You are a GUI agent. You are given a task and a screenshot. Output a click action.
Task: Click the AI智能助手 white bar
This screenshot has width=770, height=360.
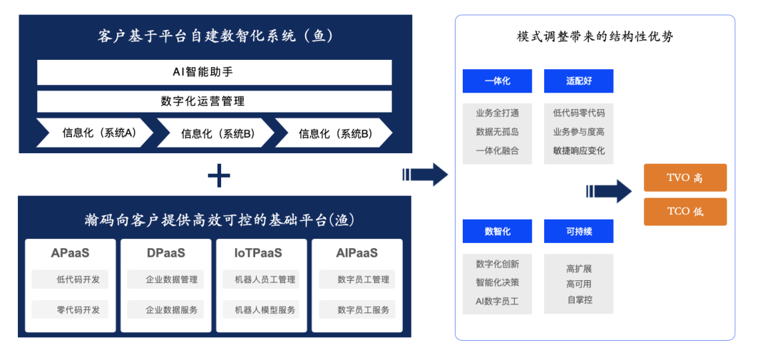click(x=214, y=72)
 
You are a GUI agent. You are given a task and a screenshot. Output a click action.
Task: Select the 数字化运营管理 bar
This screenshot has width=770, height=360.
click(x=214, y=102)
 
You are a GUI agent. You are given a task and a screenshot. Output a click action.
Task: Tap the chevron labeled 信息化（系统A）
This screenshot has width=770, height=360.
click(x=95, y=133)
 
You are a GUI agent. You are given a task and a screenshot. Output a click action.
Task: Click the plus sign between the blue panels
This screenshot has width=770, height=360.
click(x=219, y=176)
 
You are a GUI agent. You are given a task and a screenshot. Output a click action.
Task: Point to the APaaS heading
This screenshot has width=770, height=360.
click(x=70, y=253)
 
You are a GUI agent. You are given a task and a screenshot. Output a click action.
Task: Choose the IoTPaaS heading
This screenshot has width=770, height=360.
click(x=261, y=253)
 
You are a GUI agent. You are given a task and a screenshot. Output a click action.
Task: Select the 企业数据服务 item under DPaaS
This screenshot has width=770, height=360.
click(x=165, y=310)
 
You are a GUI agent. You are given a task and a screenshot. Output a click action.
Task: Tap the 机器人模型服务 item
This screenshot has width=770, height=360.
click(x=261, y=310)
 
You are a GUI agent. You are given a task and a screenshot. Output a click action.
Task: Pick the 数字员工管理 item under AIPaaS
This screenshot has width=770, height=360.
click(x=357, y=279)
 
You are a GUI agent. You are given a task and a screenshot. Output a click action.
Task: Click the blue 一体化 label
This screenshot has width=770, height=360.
click(x=497, y=81)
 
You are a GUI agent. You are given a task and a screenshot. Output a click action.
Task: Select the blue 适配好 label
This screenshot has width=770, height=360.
click(x=578, y=81)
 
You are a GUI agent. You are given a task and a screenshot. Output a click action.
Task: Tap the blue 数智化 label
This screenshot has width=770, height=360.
click(x=497, y=231)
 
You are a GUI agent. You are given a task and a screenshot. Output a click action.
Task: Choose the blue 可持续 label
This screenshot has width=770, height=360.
click(x=578, y=231)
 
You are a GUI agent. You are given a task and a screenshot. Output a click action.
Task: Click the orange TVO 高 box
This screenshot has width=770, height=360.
click(x=685, y=178)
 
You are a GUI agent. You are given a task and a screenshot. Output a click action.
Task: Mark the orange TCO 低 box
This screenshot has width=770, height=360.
click(x=685, y=212)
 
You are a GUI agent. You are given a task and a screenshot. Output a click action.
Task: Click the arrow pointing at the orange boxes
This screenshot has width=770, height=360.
click(x=609, y=192)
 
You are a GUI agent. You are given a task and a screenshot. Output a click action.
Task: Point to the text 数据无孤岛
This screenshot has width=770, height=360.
click(x=497, y=132)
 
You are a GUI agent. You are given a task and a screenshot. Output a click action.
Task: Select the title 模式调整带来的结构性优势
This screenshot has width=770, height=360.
click(x=595, y=38)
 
